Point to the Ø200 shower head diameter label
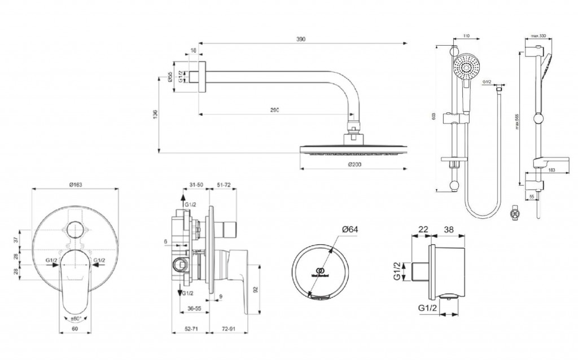point(354,164)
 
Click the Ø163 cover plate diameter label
point(76,184)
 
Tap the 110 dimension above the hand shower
point(466,36)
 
